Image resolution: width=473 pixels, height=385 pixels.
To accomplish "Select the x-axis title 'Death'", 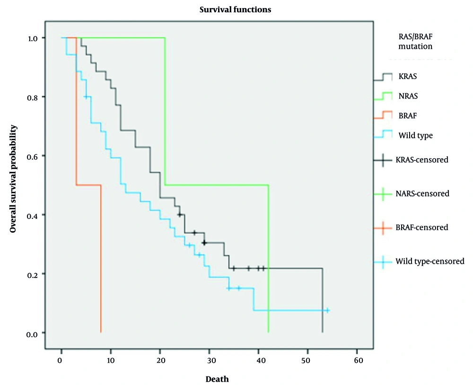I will (x=217, y=379).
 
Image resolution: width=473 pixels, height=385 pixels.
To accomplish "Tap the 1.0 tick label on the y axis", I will (x=31, y=38).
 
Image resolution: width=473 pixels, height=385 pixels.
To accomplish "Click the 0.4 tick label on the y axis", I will (x=31, y=215).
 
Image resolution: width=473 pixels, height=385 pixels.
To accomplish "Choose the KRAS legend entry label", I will (x=407, y=77).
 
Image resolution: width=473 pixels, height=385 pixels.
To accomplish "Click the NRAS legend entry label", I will (x=408, y=96).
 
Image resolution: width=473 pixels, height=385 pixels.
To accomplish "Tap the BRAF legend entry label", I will (x=407, y=115).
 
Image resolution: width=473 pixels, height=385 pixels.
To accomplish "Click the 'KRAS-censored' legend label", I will (x=421, y=160).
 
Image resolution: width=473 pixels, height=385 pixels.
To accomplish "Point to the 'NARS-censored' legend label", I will (x=422, y=193).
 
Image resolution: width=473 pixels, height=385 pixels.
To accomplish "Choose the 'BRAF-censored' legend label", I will (x=421, y=227).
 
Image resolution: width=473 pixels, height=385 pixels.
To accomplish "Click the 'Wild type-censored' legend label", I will (x=429, y=261).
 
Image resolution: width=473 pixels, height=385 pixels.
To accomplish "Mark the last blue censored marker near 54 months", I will (x=327, y=311).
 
